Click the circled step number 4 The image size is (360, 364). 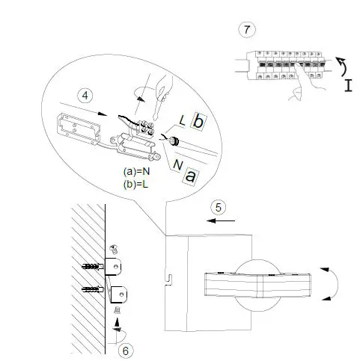[x=85, y=96]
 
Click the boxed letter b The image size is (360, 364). [x=198, y=122]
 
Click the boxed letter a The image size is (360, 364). [x=191, y=176]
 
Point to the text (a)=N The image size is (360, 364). [x=137, y=171]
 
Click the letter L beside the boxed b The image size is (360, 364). [x=182, y=120]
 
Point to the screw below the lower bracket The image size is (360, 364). [x=116, y=309]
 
